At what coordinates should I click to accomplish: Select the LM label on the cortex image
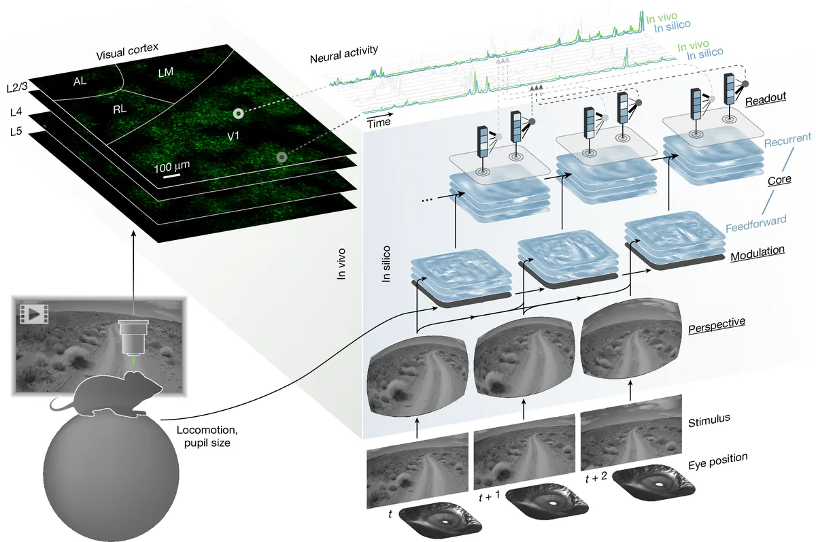[x=165, y=71]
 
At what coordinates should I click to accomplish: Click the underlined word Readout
[x=766, y=97]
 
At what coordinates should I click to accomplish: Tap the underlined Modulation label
[x=758, y=250]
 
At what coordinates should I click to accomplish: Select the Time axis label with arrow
[x=379, y=123]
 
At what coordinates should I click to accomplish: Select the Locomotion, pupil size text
[x=205, y=436]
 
